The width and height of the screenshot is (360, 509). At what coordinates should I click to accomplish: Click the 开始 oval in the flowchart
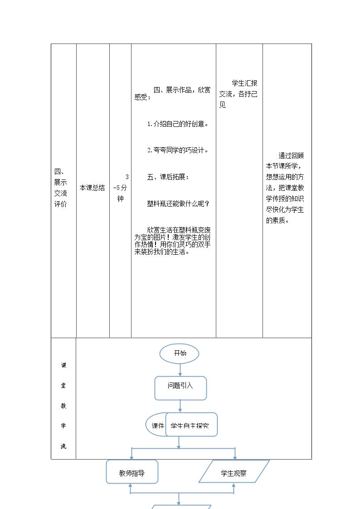179,354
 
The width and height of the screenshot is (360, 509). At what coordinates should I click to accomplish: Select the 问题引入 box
180,388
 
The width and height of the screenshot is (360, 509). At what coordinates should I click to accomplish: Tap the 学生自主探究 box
191,425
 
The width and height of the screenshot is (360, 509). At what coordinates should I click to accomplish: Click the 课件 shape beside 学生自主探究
156,425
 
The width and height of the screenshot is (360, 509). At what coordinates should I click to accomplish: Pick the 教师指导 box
132,472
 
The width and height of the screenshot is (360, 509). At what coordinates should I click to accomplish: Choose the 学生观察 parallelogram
234,471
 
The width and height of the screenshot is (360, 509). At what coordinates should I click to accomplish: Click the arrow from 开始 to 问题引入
180,370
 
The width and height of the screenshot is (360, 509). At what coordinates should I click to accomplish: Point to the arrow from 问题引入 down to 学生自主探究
180,407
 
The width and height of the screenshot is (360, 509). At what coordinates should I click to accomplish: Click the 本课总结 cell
92,188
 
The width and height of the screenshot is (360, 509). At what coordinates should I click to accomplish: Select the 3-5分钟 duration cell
121,188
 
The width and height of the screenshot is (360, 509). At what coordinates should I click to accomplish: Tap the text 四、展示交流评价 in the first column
61,188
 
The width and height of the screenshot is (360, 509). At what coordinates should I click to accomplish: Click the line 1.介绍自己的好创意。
178,124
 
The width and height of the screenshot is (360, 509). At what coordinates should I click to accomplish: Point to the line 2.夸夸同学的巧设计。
178,150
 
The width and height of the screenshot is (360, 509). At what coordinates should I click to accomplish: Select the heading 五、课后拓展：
168,177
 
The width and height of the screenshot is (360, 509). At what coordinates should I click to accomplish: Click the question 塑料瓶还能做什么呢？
178,204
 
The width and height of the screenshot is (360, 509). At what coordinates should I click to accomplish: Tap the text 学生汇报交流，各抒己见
238,94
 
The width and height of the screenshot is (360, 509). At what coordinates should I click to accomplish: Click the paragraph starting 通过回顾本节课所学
285,188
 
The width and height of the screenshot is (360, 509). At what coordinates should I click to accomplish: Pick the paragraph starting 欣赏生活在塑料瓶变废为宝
172,241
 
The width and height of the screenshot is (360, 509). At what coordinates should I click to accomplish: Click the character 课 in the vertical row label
63,365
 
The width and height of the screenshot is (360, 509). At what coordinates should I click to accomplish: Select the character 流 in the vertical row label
63,446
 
